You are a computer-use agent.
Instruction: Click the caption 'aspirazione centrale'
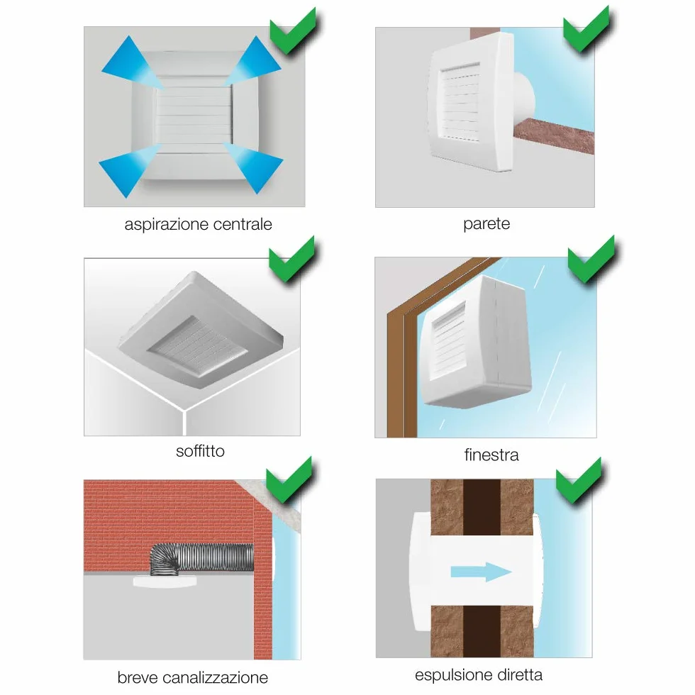point(198,225)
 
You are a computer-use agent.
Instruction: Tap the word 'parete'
point(486,224)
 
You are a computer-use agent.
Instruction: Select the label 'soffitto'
point(200,451)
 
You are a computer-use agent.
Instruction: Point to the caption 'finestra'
point(491,455)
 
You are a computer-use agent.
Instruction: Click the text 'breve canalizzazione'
point(192,677)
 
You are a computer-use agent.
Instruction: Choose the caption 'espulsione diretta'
point(479,674)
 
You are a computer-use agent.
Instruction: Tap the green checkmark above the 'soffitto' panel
point(291,260)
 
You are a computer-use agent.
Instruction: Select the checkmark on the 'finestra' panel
point(591,260)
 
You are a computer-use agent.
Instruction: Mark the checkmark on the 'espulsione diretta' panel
point(579,482)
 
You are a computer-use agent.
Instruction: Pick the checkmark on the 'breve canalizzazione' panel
point(289,481)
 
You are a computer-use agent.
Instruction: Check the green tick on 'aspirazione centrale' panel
point(293,31)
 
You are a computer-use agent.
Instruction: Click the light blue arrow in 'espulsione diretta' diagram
point(482,572)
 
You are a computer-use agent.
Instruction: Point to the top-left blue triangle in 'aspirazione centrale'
point(132,62)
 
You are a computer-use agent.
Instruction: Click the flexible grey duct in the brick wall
point(201,559)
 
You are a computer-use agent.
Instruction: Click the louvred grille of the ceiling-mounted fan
point(198,347)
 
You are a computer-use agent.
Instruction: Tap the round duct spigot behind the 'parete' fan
point(526,98)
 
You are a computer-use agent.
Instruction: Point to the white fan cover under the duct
point(165,582)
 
